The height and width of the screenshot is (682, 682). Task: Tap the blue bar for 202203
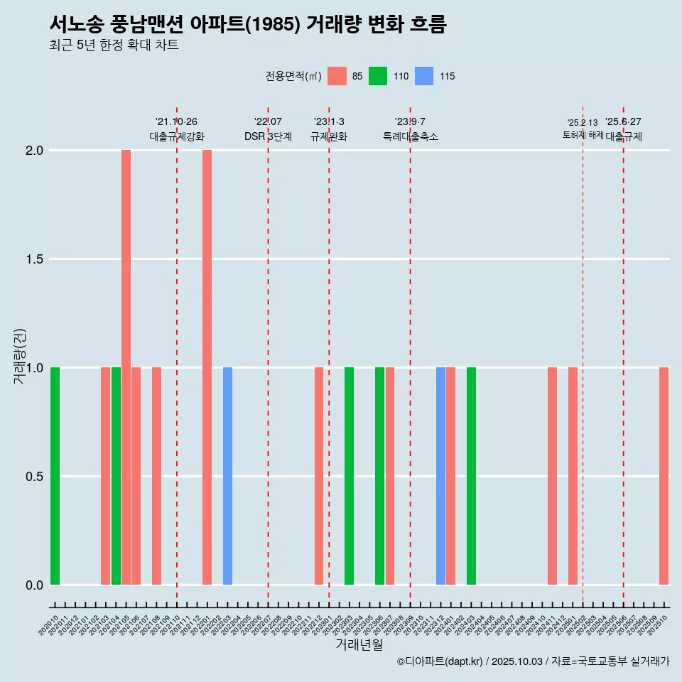227,476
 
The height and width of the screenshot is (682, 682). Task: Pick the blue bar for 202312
440,476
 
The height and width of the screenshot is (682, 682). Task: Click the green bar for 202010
55,476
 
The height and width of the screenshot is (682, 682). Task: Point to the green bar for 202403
471,476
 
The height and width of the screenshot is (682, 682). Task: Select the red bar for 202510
664,476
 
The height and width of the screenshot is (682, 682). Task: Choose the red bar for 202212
319,476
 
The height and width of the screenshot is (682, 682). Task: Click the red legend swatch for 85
337,76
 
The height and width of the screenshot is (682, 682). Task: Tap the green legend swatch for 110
378,76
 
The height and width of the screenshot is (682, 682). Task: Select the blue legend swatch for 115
423,76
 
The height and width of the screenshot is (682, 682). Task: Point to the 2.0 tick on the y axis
36,151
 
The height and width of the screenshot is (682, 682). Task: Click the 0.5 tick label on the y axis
36,477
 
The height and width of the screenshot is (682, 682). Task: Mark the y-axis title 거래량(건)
20,355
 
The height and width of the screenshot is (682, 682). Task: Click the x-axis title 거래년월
359,644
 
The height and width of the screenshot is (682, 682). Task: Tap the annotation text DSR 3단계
268,136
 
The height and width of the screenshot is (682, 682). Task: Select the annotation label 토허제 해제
583,135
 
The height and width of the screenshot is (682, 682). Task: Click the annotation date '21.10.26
176,121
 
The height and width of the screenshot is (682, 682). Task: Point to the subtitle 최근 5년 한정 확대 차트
114,45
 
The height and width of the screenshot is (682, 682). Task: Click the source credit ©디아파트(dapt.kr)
440,661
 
